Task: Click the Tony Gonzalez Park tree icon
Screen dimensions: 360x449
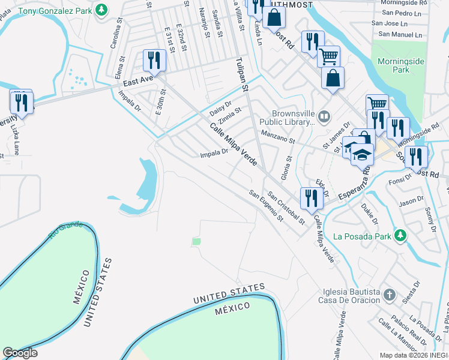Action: (103, 10)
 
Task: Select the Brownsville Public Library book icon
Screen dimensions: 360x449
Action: (324, 116)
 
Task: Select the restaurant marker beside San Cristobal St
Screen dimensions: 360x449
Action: (310, 198)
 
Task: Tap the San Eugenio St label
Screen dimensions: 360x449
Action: (266, 206)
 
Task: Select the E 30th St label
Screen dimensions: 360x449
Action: (161, 103)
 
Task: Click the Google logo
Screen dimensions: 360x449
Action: (20, 352)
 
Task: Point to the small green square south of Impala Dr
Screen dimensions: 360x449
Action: (196, 242)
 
